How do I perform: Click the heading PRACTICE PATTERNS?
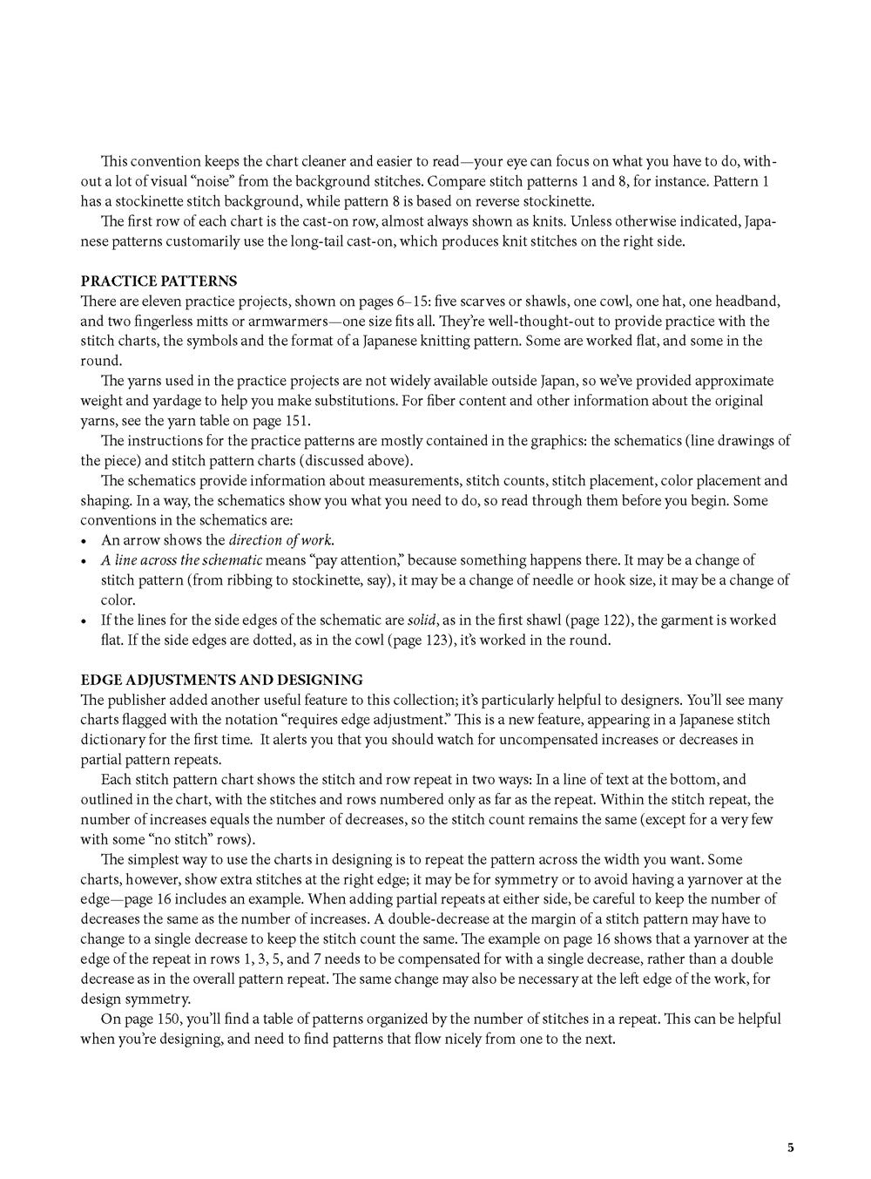pos(159,281)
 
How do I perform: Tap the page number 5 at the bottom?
pos(790,1147)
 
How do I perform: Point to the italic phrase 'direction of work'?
pos(280,540)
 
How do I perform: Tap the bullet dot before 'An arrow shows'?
pos(84,541)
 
